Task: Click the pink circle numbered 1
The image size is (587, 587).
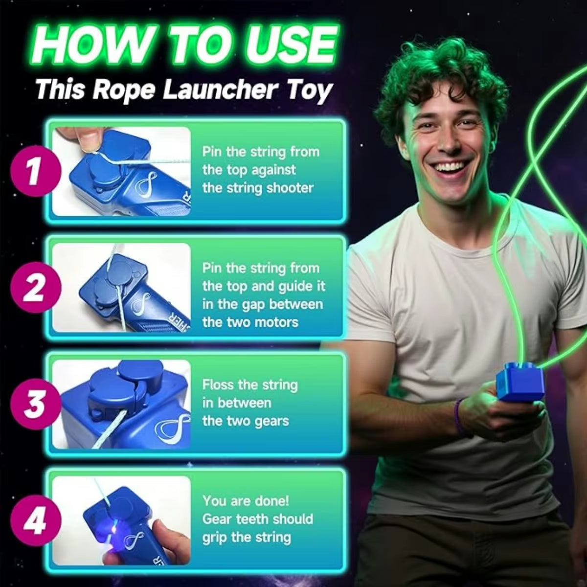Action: [x=34, y=172]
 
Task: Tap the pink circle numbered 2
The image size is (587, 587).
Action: [x=34, y=288]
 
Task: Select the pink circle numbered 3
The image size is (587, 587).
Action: [x=34, y=405]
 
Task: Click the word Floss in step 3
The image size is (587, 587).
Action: [x=218, y=384]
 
